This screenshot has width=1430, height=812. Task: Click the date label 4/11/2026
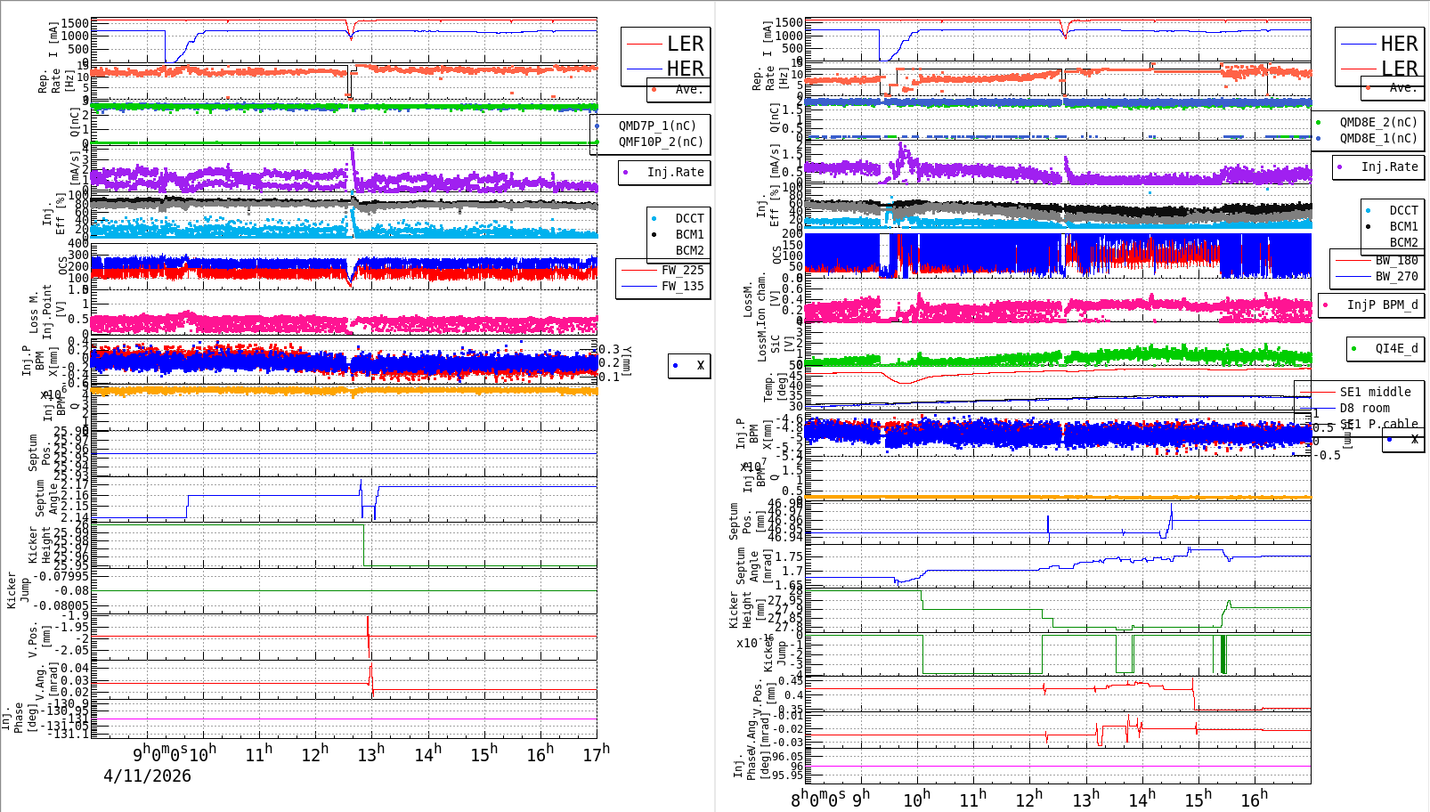click(147, 775)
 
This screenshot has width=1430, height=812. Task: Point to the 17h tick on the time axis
click(597, 753)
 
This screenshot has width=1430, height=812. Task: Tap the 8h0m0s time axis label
click(817, 799)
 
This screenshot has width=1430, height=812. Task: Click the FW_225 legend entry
click(682, 270)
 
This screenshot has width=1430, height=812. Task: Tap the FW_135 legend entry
click(682, 286)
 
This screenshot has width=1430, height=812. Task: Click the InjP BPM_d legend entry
click(1382, 304)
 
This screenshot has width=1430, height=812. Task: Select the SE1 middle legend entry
click(1375, 392)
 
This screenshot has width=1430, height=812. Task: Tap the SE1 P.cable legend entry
click(1378, 424)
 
